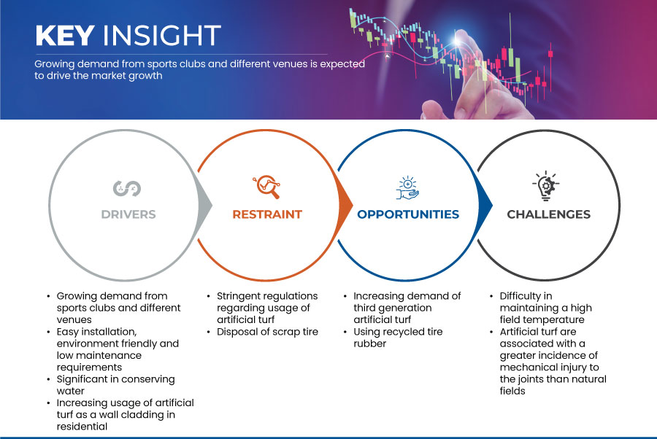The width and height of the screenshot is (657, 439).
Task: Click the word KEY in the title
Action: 65,35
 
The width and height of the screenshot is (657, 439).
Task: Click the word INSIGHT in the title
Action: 162,35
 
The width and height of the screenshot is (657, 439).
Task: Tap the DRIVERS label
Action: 128,214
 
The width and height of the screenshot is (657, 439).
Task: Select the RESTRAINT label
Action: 267,214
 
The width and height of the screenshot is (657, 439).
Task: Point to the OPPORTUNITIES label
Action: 408,214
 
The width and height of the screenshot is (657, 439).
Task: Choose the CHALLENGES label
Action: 548,214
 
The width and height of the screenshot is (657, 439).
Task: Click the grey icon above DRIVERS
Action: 127,188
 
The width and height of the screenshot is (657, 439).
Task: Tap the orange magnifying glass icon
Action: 266,187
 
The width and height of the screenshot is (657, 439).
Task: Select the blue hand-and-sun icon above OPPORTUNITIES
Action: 407,188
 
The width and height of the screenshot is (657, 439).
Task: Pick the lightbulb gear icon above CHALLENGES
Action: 546,185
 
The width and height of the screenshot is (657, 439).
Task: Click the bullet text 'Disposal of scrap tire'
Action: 267,332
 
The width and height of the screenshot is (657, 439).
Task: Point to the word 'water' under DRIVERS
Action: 70,392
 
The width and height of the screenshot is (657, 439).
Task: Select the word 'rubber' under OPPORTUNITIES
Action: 369,343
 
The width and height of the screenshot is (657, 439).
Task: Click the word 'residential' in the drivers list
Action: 82,427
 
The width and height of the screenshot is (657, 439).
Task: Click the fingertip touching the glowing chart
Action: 462,38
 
